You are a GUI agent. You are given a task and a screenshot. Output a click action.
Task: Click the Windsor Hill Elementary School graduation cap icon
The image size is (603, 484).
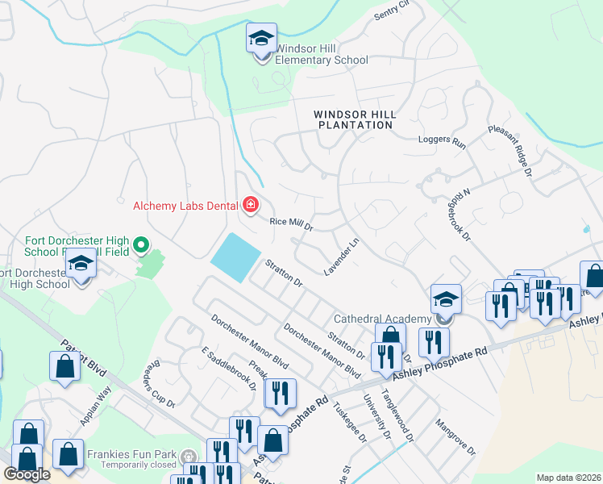(261, 40)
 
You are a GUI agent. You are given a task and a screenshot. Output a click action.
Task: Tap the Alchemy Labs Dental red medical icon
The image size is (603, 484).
(250, 206)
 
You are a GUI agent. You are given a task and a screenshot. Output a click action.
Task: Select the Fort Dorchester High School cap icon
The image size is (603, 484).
(81, 265)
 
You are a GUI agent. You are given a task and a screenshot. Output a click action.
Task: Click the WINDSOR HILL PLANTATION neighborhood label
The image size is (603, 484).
(355, 119)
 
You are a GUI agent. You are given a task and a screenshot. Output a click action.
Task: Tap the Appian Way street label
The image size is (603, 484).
(95, 408)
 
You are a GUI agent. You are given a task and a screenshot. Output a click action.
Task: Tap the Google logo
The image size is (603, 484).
(27, 474)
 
